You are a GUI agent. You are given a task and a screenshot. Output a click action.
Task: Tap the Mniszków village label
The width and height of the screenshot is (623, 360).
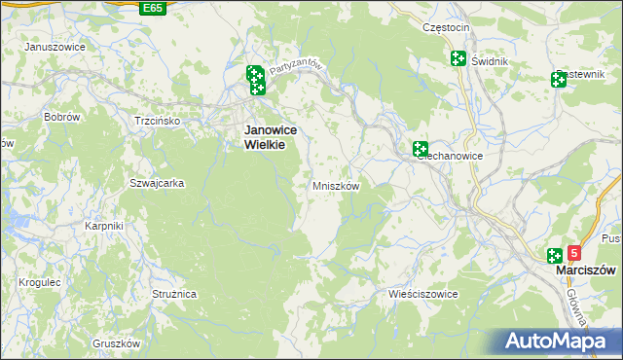(x=337, y=186)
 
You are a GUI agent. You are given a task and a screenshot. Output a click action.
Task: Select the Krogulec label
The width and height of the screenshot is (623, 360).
(x=40, y=282)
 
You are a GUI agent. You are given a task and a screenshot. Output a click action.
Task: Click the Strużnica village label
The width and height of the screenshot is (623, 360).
(x=174, y=293)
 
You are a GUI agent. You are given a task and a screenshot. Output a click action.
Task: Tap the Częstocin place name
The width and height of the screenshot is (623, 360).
(x=447, y=28)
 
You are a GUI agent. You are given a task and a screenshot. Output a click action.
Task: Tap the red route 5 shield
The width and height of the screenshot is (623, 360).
(x=573, y=253)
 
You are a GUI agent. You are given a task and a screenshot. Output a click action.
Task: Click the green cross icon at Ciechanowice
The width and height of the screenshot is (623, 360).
(x=421, y=149)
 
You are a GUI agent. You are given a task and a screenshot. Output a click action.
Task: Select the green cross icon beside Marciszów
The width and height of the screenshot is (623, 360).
(x=554, y=255)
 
